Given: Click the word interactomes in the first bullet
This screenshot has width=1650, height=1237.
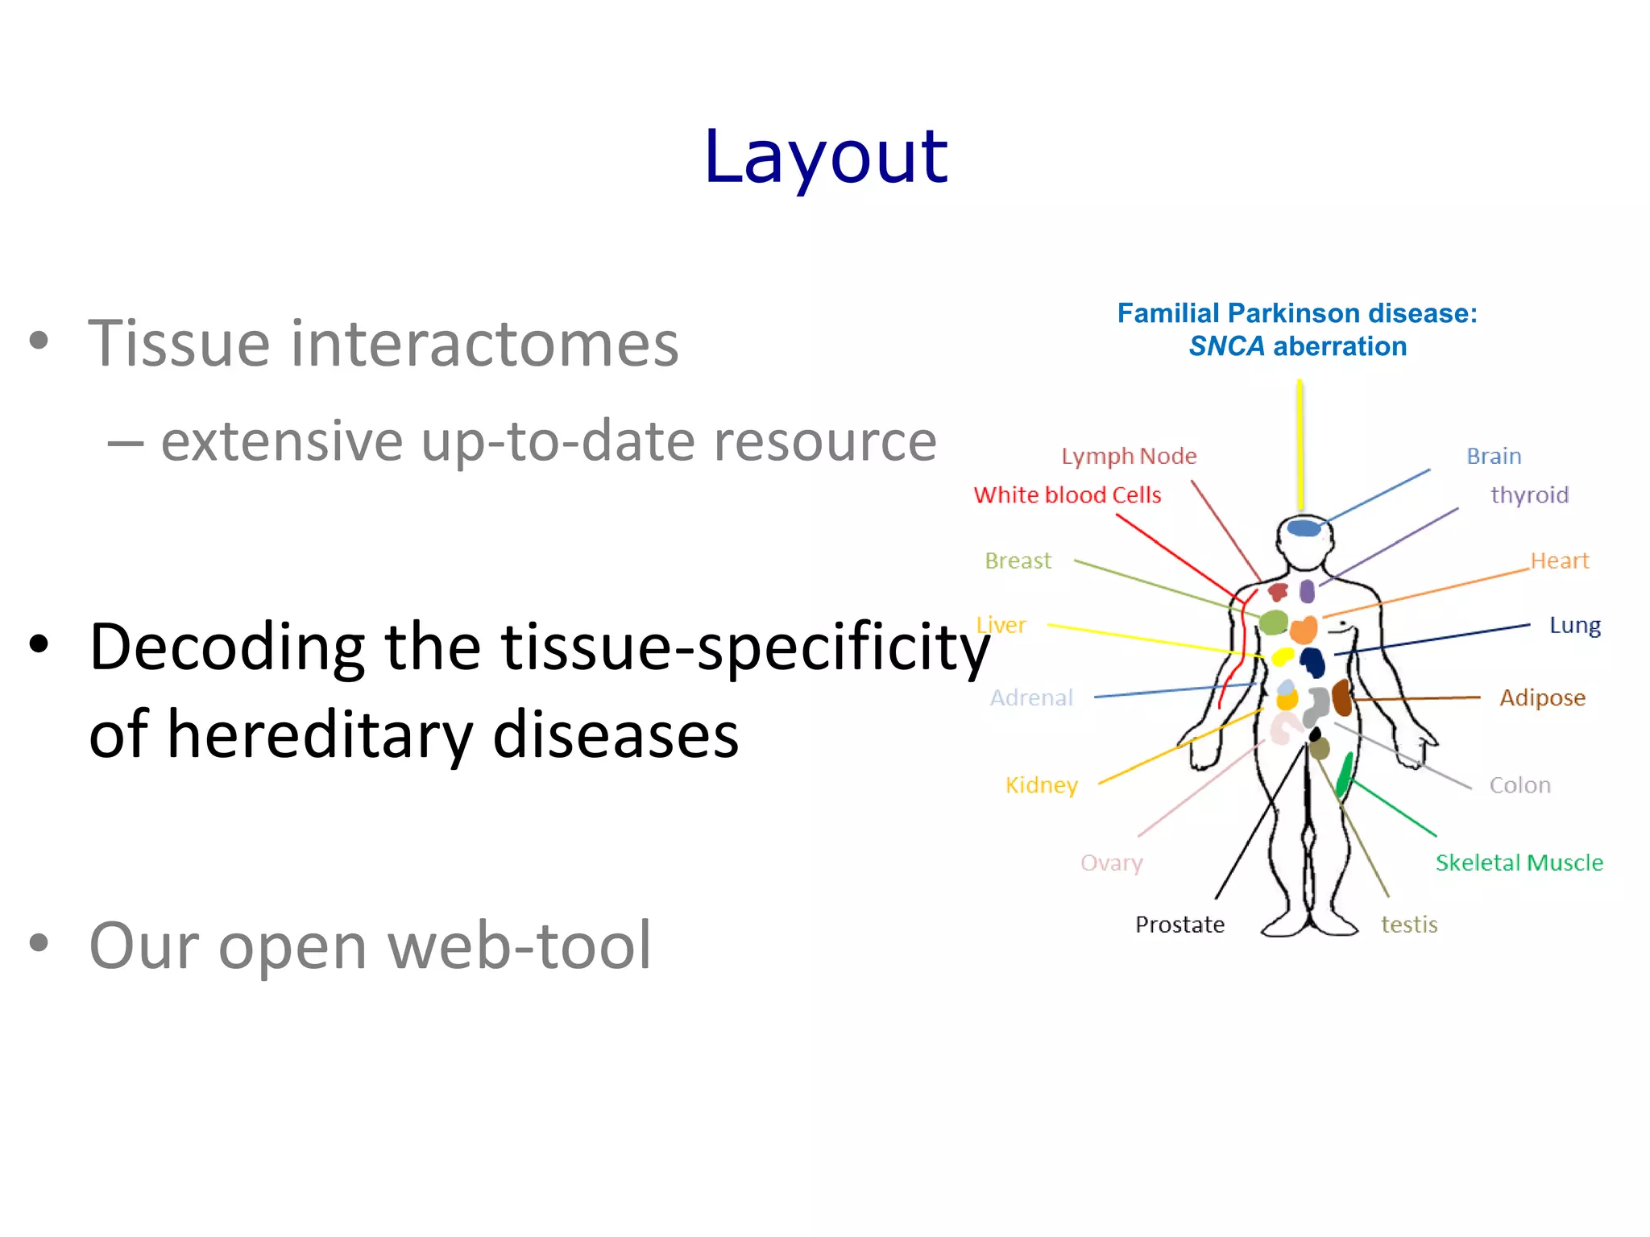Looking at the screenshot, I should tap(484, 345).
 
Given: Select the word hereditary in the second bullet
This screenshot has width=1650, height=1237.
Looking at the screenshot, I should tap(321, 734).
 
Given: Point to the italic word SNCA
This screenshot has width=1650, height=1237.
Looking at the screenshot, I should tap(1226, 346).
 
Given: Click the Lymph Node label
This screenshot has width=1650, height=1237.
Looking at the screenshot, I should tap(1128, 457).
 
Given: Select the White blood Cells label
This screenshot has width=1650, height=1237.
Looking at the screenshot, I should tap(1067, 495).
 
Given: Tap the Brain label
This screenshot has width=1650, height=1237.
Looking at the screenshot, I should tap(1493, 457).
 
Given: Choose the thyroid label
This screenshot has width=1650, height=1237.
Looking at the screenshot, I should tap(1528, 495).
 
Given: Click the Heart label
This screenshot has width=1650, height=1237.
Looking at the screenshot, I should tap(1559, 561).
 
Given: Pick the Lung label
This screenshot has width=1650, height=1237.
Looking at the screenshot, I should tap(1574, 626).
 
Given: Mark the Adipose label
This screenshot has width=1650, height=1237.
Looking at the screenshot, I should tap(1541, 697).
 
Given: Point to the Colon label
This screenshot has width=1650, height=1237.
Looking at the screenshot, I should tap(1519, 785).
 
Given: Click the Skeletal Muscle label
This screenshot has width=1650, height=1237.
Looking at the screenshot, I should tap(1519, 863).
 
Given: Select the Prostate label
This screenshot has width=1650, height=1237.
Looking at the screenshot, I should tap(1179, 925).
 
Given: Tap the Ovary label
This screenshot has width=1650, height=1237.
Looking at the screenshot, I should tap(1111, 863).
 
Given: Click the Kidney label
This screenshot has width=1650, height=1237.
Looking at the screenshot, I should tap(1041, 785).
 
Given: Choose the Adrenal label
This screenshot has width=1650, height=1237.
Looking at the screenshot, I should tap(1031, 697).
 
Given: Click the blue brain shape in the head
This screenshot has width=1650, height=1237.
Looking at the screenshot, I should tap(1303, 528).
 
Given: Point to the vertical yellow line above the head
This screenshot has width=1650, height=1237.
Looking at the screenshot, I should tap(1300, 443).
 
